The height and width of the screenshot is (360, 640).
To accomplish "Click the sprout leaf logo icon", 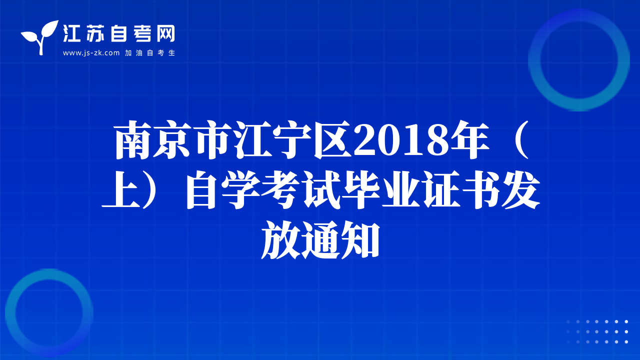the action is (x=40, y=37).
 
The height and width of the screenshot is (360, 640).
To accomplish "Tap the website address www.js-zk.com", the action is (x=91, y=53).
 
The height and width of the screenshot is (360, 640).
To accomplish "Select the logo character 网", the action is (x=166, y=33).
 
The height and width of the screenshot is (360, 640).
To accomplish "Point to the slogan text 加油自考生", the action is (x=150, y=53).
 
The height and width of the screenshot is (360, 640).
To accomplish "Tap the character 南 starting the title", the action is (x=133, y=140).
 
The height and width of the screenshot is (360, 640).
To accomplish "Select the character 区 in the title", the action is (x=333, y=140).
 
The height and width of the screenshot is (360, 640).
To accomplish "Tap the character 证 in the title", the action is (x=441, y=189).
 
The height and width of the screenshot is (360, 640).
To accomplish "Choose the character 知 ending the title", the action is (x=360, y=239).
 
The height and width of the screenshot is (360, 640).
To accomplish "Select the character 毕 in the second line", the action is (x=361, y=189).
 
